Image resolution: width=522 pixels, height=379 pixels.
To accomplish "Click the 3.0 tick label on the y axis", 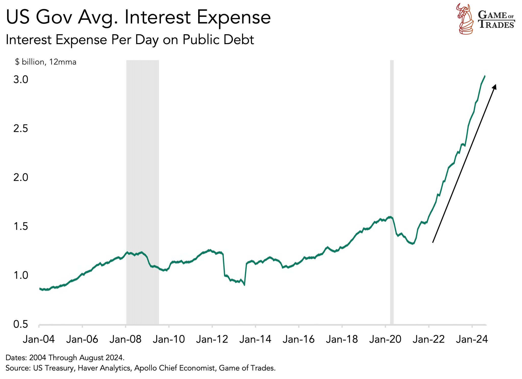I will [21, 80].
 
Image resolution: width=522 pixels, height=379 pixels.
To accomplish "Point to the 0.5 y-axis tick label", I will [21, 324].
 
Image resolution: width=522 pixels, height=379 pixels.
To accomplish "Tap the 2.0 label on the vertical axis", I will [21, 177].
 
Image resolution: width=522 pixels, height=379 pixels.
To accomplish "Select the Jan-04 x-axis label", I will [39, 339].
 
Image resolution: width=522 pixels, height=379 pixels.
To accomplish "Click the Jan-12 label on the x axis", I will [212, 339].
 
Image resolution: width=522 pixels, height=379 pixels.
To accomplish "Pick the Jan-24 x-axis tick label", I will [472, 339].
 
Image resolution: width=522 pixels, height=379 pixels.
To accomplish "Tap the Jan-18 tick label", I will [342, 339].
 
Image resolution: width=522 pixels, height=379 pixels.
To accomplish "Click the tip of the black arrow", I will [495, 85].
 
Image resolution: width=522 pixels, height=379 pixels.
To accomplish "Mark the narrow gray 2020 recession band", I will [392, 191].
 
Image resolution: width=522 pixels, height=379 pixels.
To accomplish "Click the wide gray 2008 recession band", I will [143, 191].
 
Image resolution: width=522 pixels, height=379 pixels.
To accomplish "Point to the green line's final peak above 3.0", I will [485, 76].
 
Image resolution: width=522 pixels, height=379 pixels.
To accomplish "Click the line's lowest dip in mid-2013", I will [245, 285].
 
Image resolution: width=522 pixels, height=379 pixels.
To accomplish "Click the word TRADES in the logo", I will [496, 25].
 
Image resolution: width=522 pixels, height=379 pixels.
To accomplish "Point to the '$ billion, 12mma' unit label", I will [46, 62].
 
